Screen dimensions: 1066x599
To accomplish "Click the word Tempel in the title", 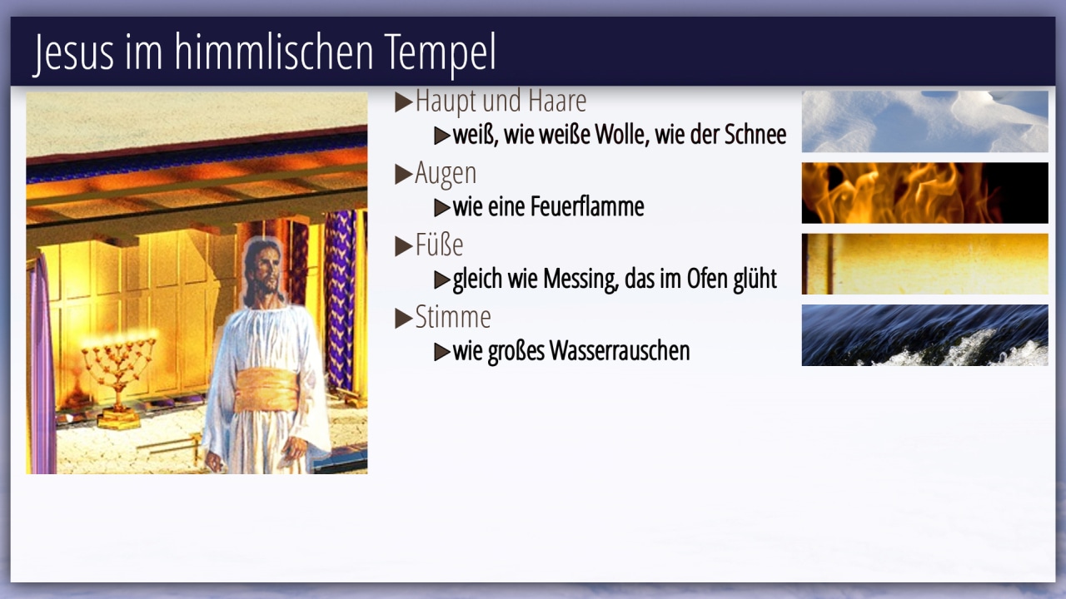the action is click(440, 52).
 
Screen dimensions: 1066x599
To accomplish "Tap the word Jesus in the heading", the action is click(74, 52).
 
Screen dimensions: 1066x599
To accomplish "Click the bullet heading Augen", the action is click(446, 174).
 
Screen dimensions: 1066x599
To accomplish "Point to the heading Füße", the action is click(439, 245).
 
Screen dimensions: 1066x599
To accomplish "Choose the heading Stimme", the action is click(452, 317).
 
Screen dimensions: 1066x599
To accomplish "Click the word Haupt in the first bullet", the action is click(446, 101).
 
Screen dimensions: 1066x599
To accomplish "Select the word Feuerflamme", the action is click(587, 206).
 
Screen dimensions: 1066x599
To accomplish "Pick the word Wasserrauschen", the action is click(619, 351).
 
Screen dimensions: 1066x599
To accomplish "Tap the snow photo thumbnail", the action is click(924, 121).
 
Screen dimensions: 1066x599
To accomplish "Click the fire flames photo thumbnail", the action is click(924, 193).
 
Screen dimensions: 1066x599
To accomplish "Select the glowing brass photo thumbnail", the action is click(924, 264).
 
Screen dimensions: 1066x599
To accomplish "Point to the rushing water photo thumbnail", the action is click(924, 335).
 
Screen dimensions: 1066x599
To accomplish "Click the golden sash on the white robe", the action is click(267, 390).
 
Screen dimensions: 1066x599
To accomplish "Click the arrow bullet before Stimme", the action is click(404, 318).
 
